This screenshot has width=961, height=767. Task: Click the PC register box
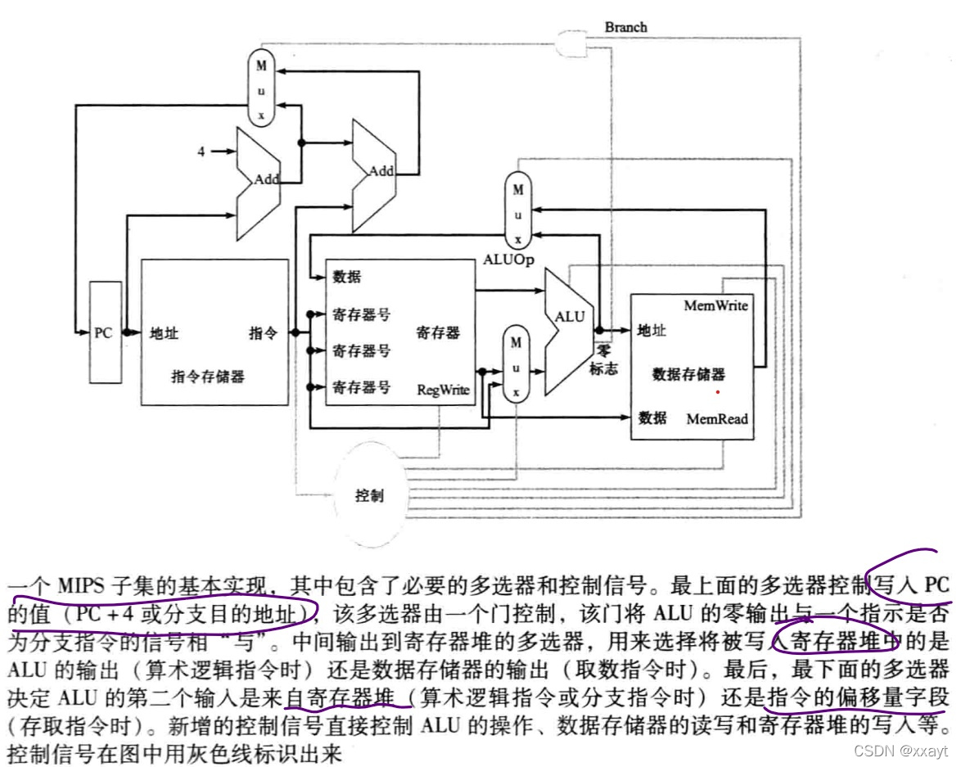tap(104, 332)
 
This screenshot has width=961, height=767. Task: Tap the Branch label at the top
tap(626, 27)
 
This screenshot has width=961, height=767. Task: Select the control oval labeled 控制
tap(369, 495)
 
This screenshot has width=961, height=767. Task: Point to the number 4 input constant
tap(201, 151)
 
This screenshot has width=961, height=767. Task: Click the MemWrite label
tap(716, 305)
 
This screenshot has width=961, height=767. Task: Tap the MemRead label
tap(717, 418)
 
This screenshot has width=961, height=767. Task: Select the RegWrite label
tap(443, 389)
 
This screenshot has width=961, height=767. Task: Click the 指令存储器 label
tap(207, 377)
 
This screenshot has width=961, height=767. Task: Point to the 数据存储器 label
tap(688, 374)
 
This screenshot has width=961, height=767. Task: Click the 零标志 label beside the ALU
tap(605, 361)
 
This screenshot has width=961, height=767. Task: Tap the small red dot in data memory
tap(718, 391)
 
